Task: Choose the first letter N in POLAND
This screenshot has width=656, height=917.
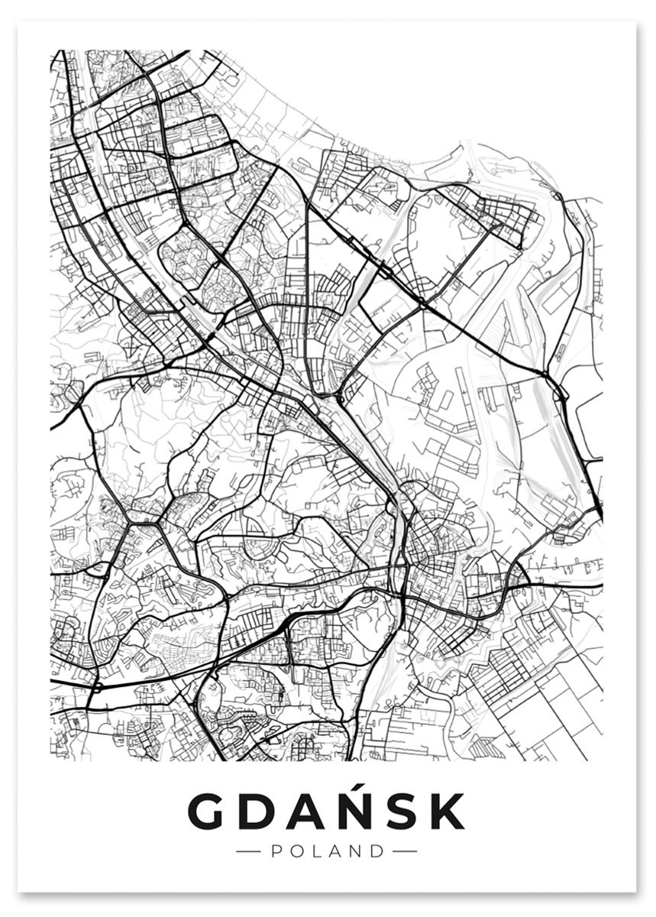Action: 355,851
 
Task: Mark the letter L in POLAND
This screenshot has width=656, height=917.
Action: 315,851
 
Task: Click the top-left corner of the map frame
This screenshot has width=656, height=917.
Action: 51,51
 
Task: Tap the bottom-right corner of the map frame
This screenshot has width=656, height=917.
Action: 603,760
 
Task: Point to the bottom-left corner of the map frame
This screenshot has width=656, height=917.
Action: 51,760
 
